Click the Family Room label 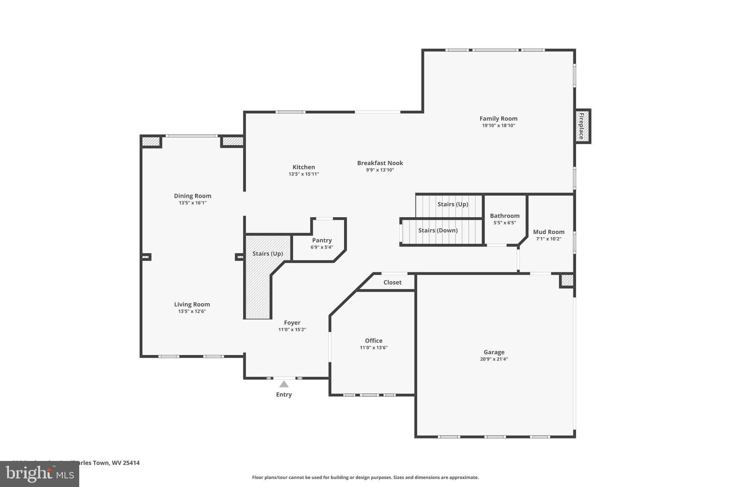click(498, 118)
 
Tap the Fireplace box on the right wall click(582, 126)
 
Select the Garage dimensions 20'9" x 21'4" click(494, 359)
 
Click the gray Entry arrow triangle click(284, 384)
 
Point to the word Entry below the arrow click(284, 395)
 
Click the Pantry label click(322, 240)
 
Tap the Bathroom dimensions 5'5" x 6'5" click(505, 223)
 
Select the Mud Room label click(549, 232)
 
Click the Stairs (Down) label click(438, 230)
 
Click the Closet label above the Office click(392, 282)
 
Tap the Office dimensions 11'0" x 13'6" click(374, 348)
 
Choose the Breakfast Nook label click(380, 163)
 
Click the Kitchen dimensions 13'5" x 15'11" click(304, 174)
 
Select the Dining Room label click(193, 196)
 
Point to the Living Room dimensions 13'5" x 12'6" click(192, 311)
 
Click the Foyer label click(292, 323)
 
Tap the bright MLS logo click(40, 474)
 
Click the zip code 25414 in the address click(131, 463)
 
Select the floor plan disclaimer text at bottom click(365, 477)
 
